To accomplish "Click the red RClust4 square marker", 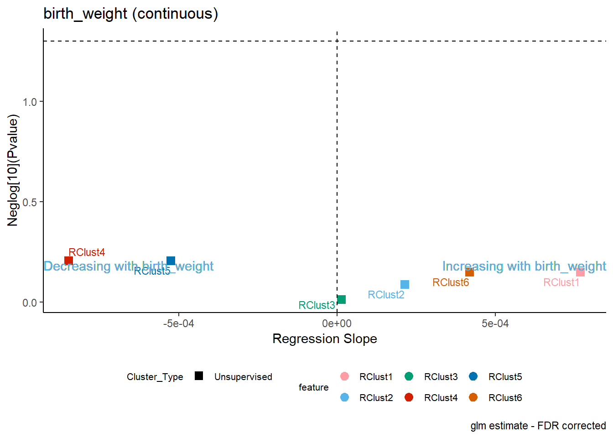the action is point(68,261).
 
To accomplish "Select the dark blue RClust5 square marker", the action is point(171,261).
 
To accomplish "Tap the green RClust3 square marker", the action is point(341,299).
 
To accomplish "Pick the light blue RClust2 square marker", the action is point(405,284).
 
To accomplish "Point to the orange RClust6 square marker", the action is point(470,272).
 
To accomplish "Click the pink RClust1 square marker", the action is point(581,272).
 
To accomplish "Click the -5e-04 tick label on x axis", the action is point(178,323).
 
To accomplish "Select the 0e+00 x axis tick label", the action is point(337,323).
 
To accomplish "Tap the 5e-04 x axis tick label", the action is point(495,323).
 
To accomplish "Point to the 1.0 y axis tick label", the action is point(30,102).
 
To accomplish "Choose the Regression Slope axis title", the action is point(325,339).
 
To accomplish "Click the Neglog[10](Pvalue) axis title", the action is point(13,170).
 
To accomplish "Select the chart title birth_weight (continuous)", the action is point(131,14).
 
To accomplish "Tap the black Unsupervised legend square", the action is point(199,376).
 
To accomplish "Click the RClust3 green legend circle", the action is point(409,376).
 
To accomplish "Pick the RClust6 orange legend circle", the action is point(473,397).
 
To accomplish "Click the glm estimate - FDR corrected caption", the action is point(538,426).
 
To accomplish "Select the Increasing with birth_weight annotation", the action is point(524,266).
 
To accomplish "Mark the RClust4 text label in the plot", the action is point(87,252).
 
